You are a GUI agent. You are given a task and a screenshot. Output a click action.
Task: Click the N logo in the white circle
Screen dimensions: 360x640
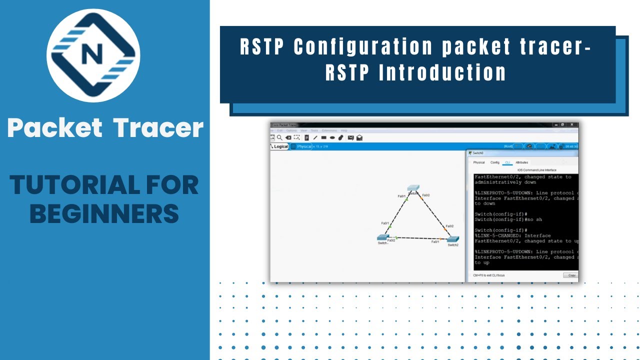coord(93,55)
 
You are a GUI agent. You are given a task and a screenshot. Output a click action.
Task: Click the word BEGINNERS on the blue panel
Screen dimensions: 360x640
coord(104,213)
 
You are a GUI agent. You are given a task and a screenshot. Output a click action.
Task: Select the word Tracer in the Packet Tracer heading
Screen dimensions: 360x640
coord(158,128)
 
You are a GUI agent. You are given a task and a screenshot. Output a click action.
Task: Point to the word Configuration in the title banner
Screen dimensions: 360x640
coord(363,47)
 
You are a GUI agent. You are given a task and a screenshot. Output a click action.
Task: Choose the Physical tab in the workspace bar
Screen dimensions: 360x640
coord(303,146)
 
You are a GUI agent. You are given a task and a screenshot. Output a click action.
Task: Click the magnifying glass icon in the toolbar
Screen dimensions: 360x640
coord(279,137)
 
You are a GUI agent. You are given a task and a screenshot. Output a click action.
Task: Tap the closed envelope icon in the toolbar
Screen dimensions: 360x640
coord(350,137)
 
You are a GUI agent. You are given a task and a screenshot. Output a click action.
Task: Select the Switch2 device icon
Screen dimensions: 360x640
coord(453,239)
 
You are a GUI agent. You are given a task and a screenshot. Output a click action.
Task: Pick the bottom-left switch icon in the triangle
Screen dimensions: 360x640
coord(383,237)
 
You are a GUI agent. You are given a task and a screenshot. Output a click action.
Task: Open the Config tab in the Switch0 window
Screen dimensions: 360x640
coord(495,162)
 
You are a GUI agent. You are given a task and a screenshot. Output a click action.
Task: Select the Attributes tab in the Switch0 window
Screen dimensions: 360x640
coord(521,162)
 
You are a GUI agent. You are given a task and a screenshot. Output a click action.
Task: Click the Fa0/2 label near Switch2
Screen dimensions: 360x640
coord(450,226)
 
